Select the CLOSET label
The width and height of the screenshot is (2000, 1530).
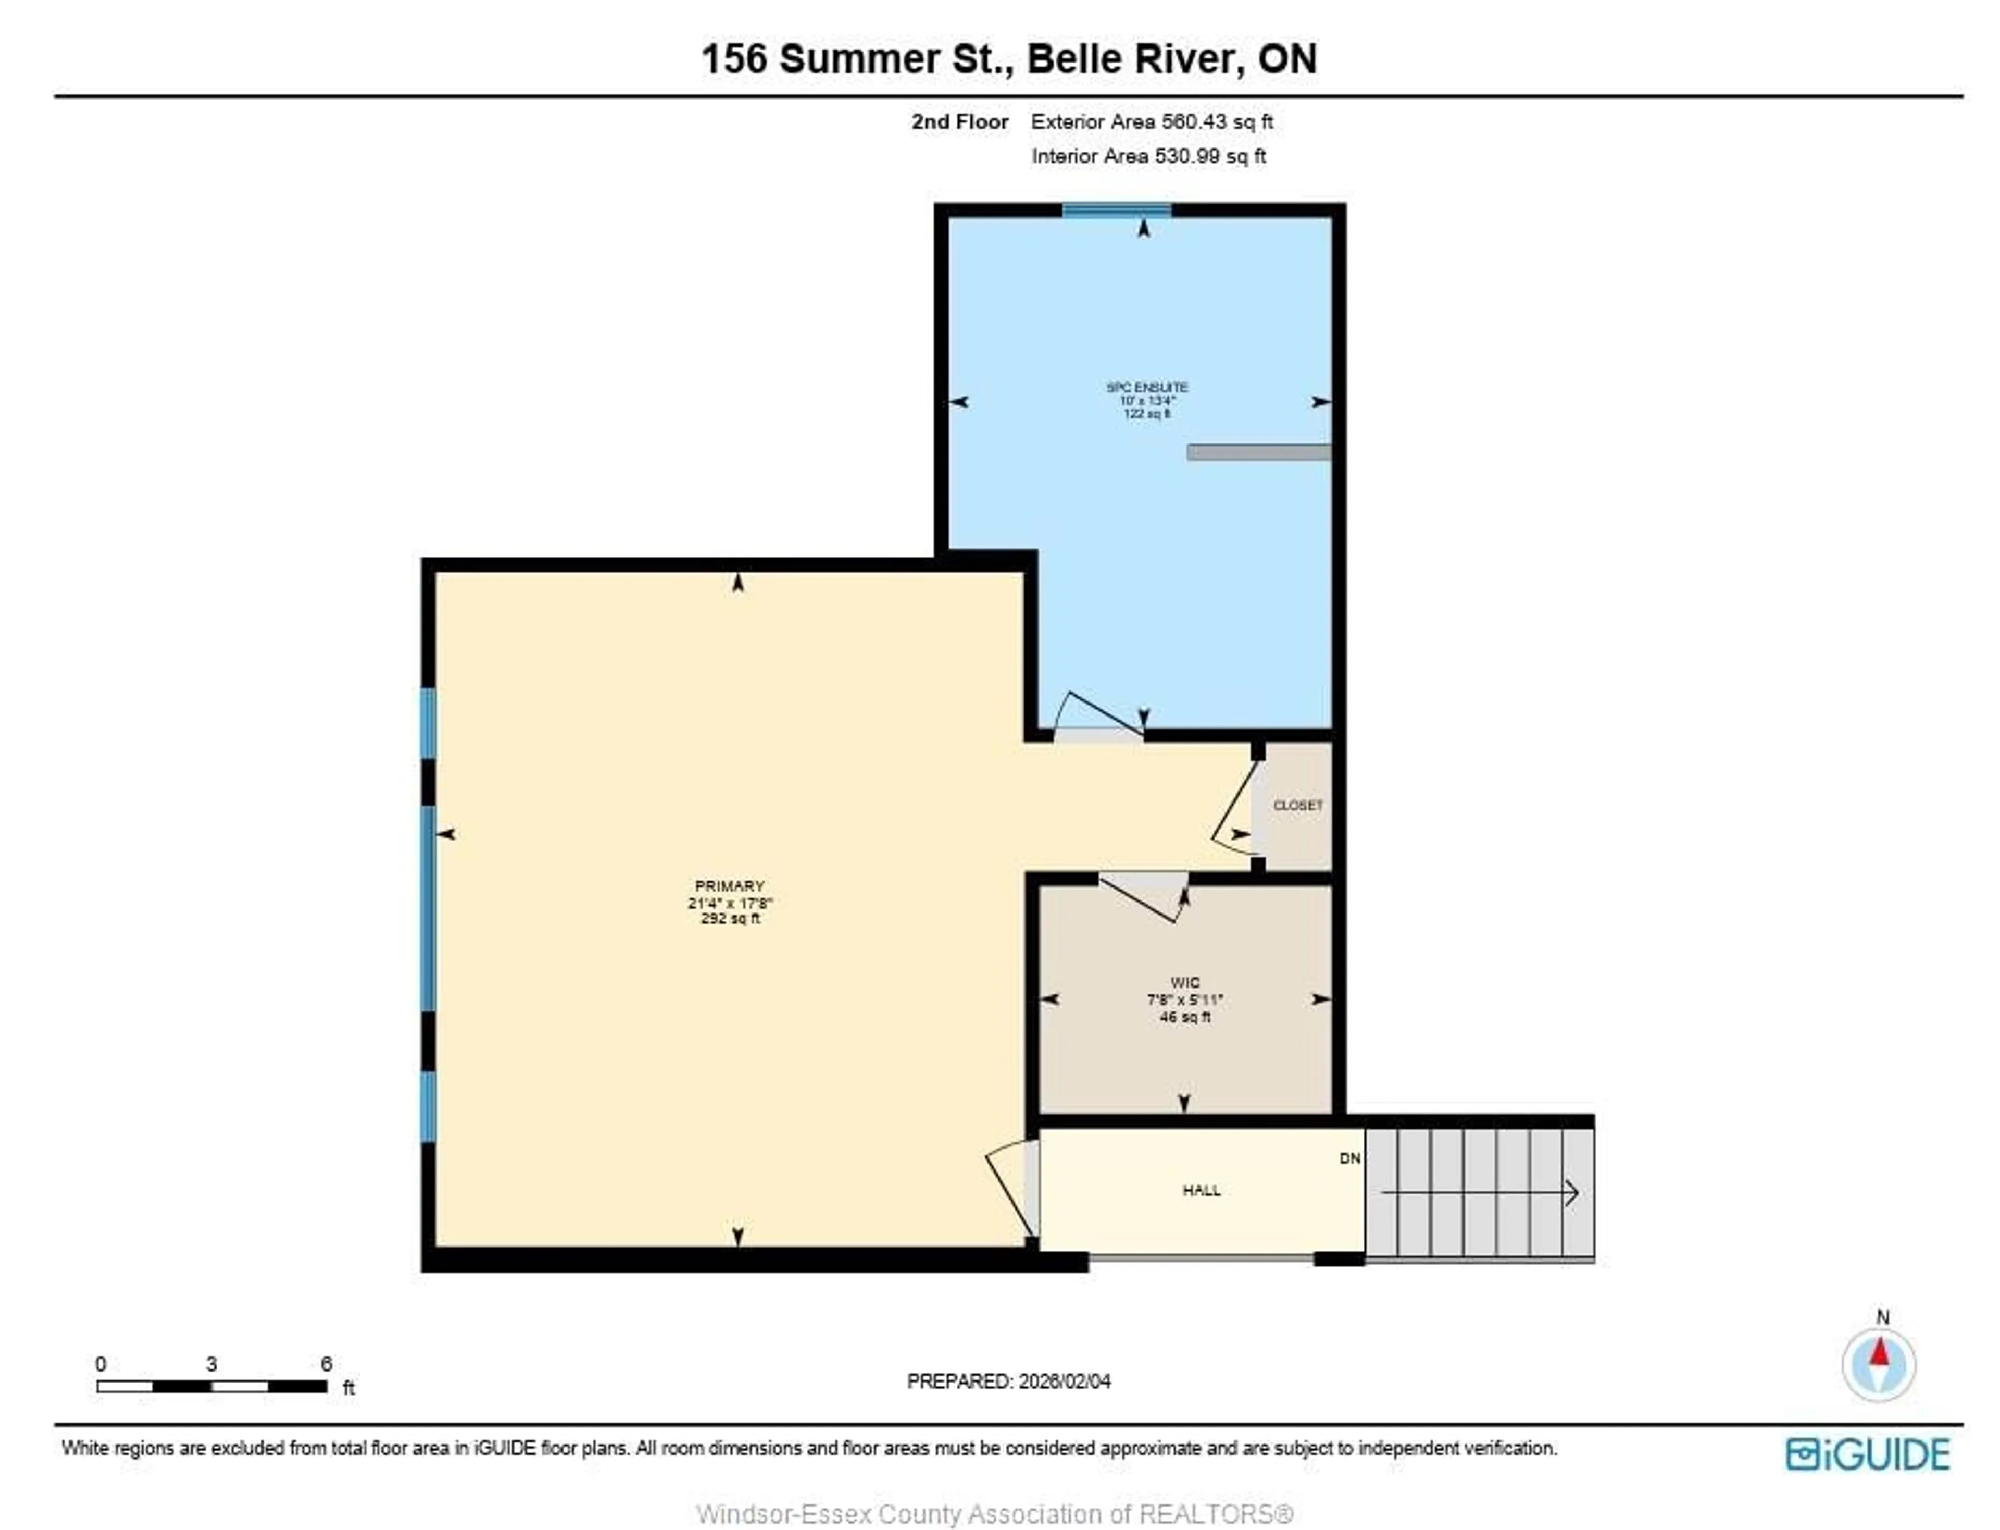pyautogui.click(x=1297, y=805)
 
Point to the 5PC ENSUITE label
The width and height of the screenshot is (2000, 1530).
pyautogui.click(x=1146, y=387)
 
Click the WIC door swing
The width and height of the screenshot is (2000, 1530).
pyautogui.click(x=1143, y=897)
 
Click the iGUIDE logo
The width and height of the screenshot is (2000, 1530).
pyautogui.click(x=1867, y=1454)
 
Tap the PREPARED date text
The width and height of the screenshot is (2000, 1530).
pyautogui.click(x=1008, y=1381)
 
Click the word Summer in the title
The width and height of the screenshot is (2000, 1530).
pyautogui.click(x=859, y=59)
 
